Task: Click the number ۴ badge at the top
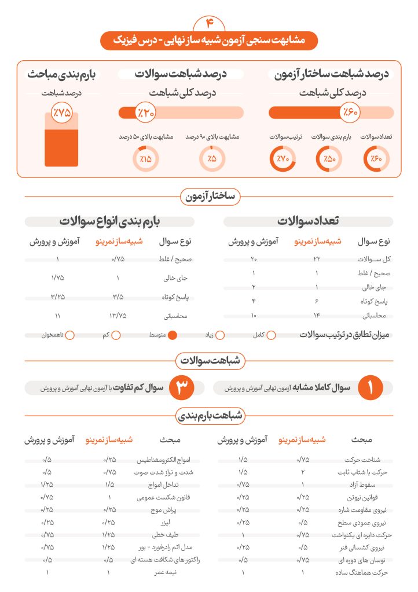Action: point(209,23)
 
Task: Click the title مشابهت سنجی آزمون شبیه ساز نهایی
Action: point(209,41)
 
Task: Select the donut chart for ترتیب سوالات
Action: point(282,158)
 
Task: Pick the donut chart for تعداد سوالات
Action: point(376,158)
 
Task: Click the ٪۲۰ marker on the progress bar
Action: point(145,113)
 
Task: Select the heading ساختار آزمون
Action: point(210,197)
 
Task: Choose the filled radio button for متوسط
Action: point(172,335)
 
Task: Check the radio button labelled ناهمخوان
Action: point(70,335)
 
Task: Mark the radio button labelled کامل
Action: point(270,335)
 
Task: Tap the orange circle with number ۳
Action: point(181,388)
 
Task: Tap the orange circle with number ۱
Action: point(371,388)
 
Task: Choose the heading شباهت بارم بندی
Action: point(209,415)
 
